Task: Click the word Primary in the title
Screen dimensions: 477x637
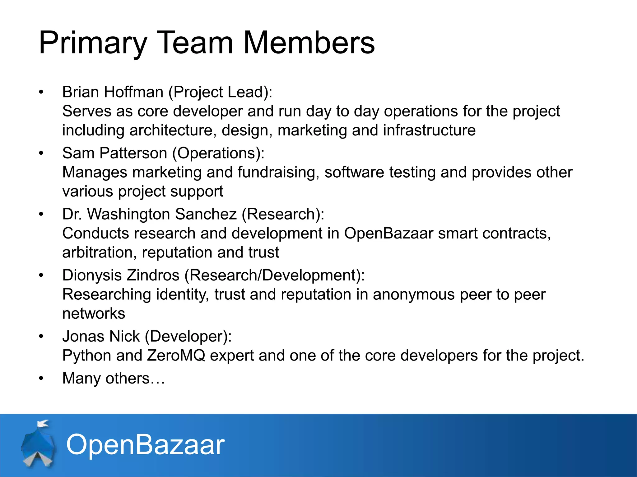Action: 93,43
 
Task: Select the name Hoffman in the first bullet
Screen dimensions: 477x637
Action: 133,92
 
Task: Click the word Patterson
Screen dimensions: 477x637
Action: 133,153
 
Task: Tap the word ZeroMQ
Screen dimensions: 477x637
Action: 176,356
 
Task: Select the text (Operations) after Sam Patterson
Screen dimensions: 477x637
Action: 218,153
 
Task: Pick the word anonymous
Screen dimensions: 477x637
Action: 414,294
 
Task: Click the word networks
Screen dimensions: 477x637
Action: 94,314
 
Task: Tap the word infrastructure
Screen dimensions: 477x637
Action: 429,130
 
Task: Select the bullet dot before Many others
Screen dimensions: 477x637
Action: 41,379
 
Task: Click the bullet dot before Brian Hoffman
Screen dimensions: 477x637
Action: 41,92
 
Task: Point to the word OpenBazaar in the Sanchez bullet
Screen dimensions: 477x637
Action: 388,234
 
